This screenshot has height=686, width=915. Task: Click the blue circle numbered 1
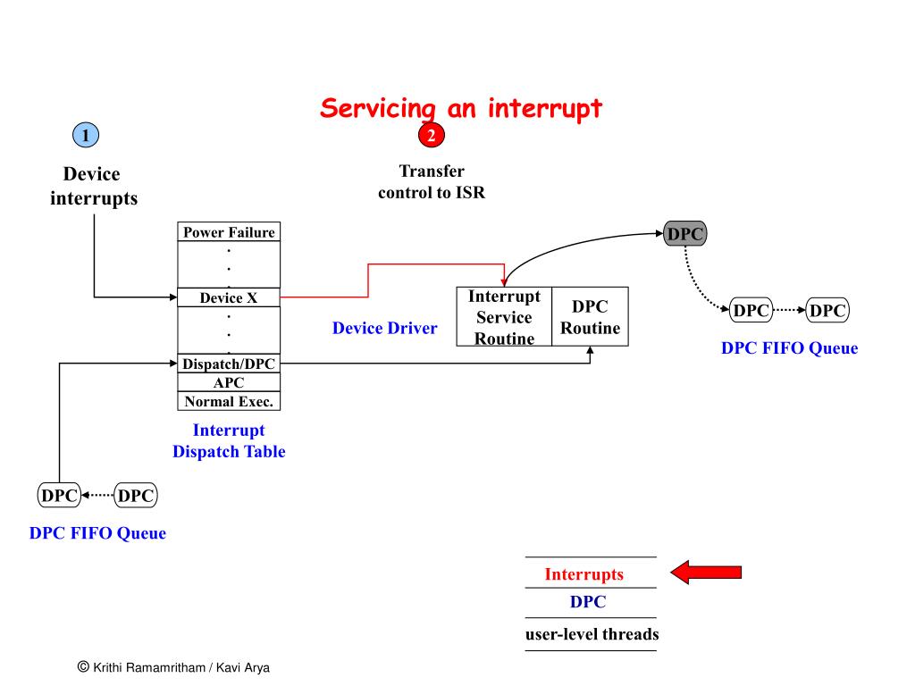click(86, 136)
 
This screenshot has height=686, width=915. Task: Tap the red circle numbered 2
click(432, 136)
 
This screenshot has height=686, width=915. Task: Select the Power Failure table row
click(229, 231)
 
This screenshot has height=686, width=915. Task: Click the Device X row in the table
click(229, 297)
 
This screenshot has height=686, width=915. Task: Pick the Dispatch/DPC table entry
click(229, 364)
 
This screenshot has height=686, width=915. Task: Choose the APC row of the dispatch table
click(229, 382)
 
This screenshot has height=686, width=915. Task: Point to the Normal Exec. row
click(229, 401)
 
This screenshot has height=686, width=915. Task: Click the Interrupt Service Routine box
click(504, 317)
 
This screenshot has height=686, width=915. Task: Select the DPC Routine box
click(590, 317)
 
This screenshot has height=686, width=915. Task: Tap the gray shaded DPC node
click(685, 233)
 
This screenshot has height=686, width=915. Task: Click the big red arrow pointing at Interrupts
click(706, 573)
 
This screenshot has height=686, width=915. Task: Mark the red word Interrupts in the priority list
click(584, 574)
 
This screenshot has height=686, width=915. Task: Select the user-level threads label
click(592, 634)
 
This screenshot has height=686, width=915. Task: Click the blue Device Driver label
click(384, 328)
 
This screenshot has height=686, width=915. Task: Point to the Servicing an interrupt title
click(461, 108)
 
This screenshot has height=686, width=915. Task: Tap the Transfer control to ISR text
click(432, 181)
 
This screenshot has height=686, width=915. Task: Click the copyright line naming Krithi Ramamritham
click(173, 667)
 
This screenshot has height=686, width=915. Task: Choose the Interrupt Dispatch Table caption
click(229, 440)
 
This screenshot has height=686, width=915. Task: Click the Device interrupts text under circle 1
click(93, 186)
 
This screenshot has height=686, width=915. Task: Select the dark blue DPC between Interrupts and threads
click(588, 602)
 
